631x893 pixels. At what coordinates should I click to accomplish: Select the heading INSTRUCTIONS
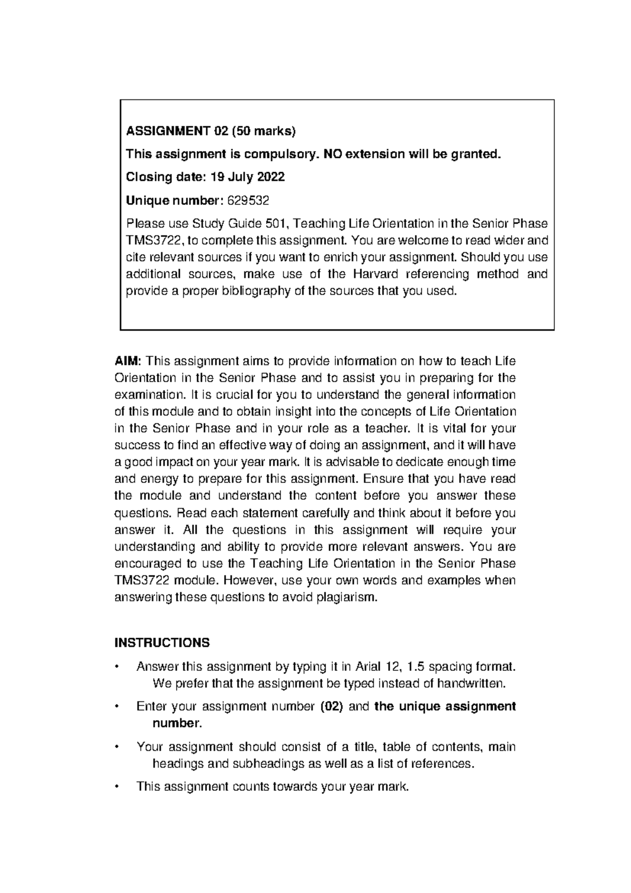pos(162,643)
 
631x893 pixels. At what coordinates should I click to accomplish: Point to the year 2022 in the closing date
pos(271,177)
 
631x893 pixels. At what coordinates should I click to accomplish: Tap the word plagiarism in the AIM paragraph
pos(346,598)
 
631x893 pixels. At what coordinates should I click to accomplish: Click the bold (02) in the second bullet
pos(331,707)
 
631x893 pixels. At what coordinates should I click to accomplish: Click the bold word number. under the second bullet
pos(177,723)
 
